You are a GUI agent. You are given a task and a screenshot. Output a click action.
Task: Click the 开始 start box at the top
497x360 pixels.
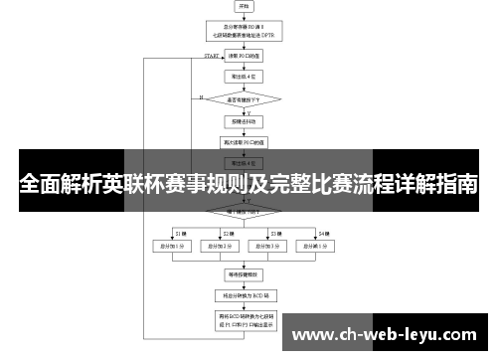pos(245,7)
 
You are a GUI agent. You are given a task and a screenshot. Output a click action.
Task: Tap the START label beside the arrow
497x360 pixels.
pos(211,57)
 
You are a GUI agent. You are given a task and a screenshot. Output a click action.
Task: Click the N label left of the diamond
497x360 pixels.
pos(202,97)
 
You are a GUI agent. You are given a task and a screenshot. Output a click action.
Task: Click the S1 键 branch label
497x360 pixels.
pos(181,232)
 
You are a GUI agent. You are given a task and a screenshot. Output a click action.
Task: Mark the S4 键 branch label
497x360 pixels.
pos(323,232)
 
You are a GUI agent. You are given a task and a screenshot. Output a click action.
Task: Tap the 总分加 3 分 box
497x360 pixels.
pos(263,244)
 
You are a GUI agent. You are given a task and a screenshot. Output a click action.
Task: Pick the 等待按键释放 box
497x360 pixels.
pos(245,271)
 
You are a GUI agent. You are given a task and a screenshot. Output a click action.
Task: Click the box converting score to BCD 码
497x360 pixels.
pos(245,295)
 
